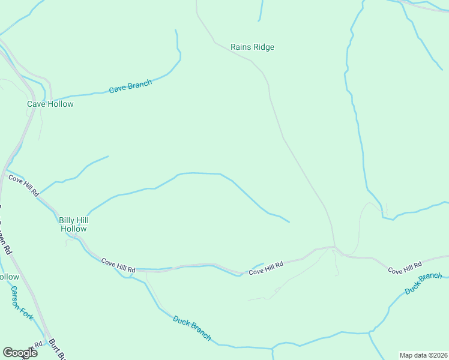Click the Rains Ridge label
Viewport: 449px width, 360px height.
click(x=252, y=47)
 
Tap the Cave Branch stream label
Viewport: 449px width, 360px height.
click(x=130, y=86)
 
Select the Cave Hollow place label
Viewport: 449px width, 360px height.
click(x=50, y=104)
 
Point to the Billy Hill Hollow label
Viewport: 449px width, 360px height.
click(x=74, y=224)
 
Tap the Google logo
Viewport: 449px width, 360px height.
click(x=20, y=352)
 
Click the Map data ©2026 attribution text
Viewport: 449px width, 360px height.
click(x=423, y=355)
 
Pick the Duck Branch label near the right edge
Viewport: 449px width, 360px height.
click(x=423, y=284)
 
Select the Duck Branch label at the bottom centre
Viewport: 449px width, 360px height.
click(x=192, y=328)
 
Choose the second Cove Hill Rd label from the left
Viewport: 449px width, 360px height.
click(x=118, y=265)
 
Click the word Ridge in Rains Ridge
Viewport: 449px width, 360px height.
click(x=264, y=47)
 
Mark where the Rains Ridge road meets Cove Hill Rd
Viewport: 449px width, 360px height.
click(x=334, y=247)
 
